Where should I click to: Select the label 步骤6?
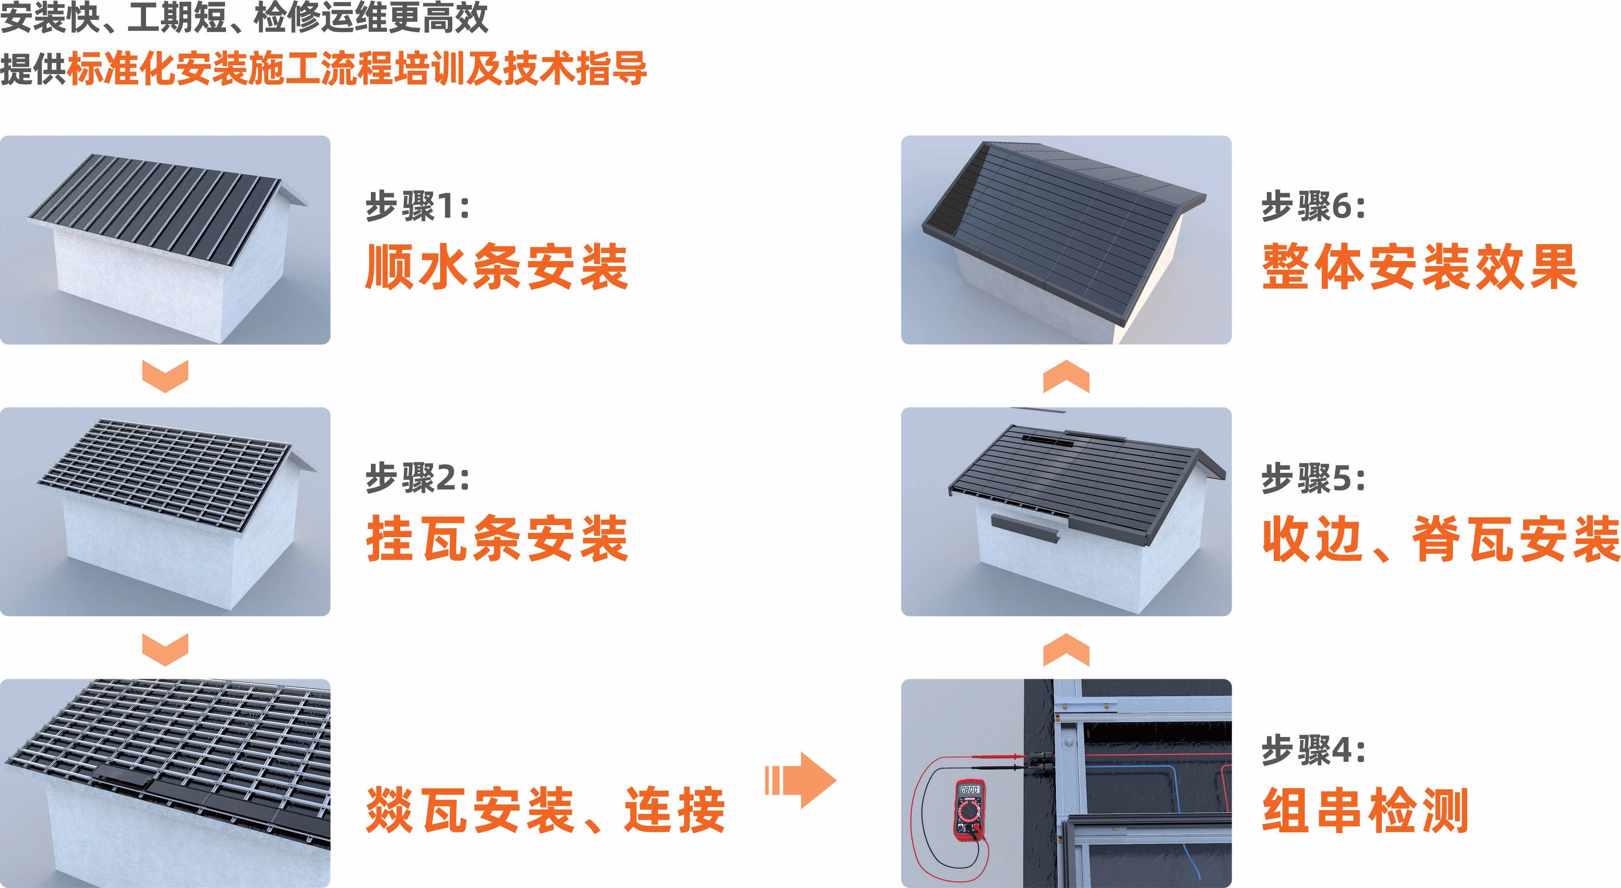tap(1313, 206)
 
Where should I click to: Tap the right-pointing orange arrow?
tap(800, 780)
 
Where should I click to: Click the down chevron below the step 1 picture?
tap(166, 376)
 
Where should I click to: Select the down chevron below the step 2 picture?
tap(166, 650)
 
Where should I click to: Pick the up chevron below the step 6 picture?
tap(1066, 376)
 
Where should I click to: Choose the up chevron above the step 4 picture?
tap(1066, 650)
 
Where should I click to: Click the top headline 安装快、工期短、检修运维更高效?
tap(244, 17)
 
